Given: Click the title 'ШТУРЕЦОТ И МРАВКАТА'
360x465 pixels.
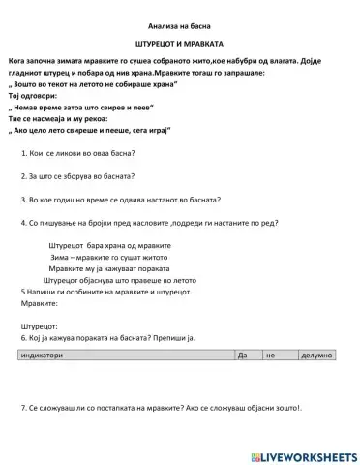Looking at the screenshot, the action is pyautogui.click(x=180, y=45).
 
